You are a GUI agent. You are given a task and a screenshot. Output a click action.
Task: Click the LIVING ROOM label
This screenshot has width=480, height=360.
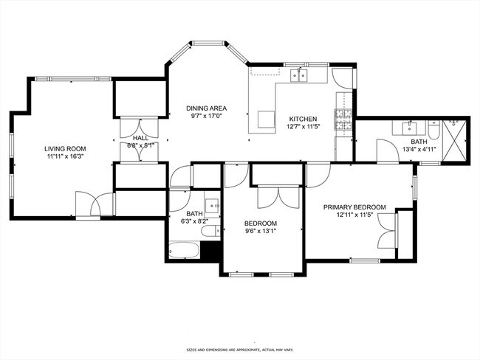[x=66, y=148]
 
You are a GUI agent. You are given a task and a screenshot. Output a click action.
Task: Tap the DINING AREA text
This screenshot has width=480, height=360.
[x=206, y=108]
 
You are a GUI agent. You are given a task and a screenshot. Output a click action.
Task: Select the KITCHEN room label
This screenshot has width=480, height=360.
[x=302, y=119]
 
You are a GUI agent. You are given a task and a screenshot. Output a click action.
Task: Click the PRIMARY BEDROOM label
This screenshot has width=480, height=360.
[x=354, y=207]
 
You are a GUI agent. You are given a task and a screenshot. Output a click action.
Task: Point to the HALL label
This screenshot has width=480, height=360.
[x=140, y=137]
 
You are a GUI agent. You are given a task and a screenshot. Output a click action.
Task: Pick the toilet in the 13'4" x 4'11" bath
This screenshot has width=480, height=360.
[x=435, y=130]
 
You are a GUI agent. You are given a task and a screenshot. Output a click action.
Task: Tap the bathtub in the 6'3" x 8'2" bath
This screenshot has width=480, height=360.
[x=185, y=251]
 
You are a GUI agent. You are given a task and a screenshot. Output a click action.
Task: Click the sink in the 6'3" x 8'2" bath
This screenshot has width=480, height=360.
[x=212, y=205]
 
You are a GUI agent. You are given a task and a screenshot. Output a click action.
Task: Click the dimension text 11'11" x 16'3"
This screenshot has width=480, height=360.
[x=66, y=157]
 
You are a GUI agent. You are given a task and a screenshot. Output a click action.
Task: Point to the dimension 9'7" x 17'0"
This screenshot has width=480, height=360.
[x=206, y=117]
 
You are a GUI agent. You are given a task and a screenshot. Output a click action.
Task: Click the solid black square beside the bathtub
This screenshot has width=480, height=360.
[x=212, y=251]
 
